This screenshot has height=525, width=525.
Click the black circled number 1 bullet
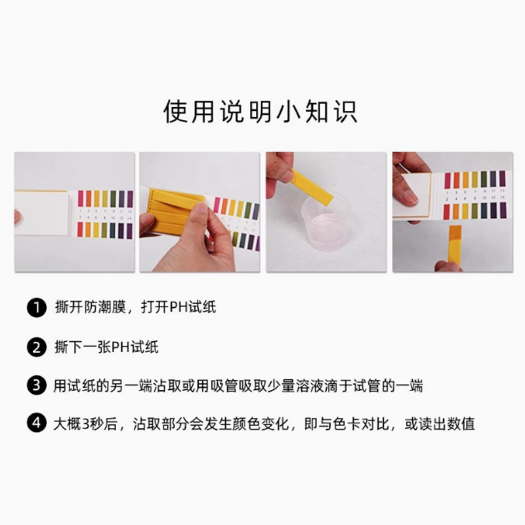pyautogui.click(x=37, y=307)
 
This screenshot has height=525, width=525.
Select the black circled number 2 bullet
pyautogui.click(x=37, y=346)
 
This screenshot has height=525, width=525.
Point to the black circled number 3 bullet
pyautogui.click(x=37, y=385)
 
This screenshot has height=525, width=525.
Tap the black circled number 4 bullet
pyautogui.click(x=37, y=424)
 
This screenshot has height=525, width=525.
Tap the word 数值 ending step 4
pyautogui.click(x=461, y=424)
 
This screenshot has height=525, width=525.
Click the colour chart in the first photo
pyautogui.click(x=105, y=213)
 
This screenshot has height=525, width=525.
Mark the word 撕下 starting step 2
pyautogui.click(x=68, y=346)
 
